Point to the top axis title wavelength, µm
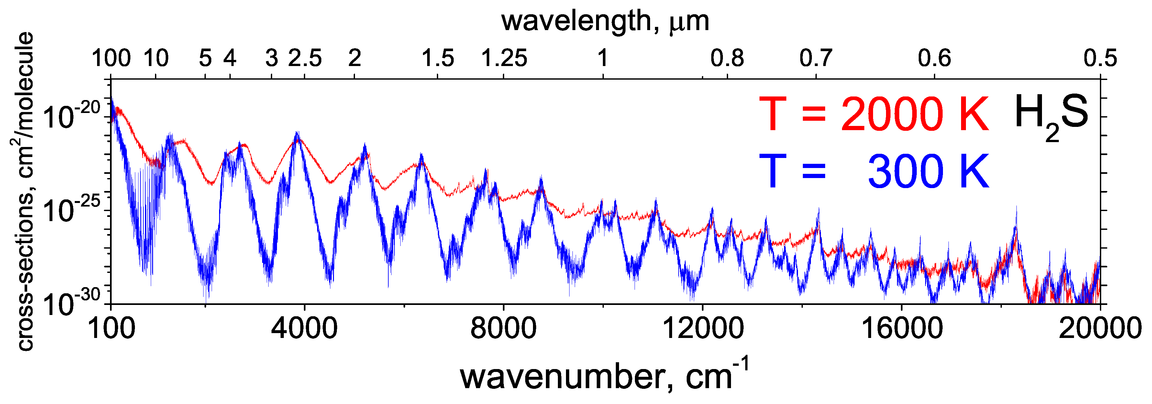point(605,21)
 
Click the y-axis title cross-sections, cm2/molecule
point(21,192)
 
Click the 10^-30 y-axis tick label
point(72,302)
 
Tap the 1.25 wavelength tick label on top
point(504,58)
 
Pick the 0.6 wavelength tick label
point(935,58)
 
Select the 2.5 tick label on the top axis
point(305,58)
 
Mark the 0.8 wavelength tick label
point(727,58)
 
